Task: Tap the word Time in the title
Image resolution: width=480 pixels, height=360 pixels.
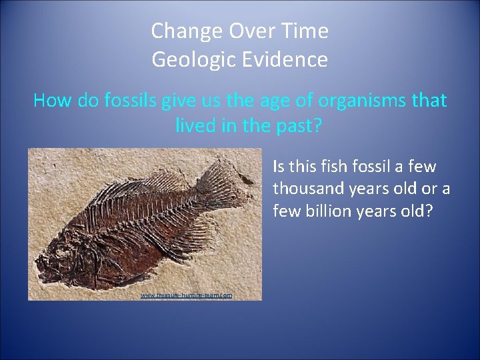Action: point(306,31)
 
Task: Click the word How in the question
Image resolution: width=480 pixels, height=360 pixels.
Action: point(48,101)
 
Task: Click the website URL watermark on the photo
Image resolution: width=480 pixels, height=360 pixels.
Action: point(186,295)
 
